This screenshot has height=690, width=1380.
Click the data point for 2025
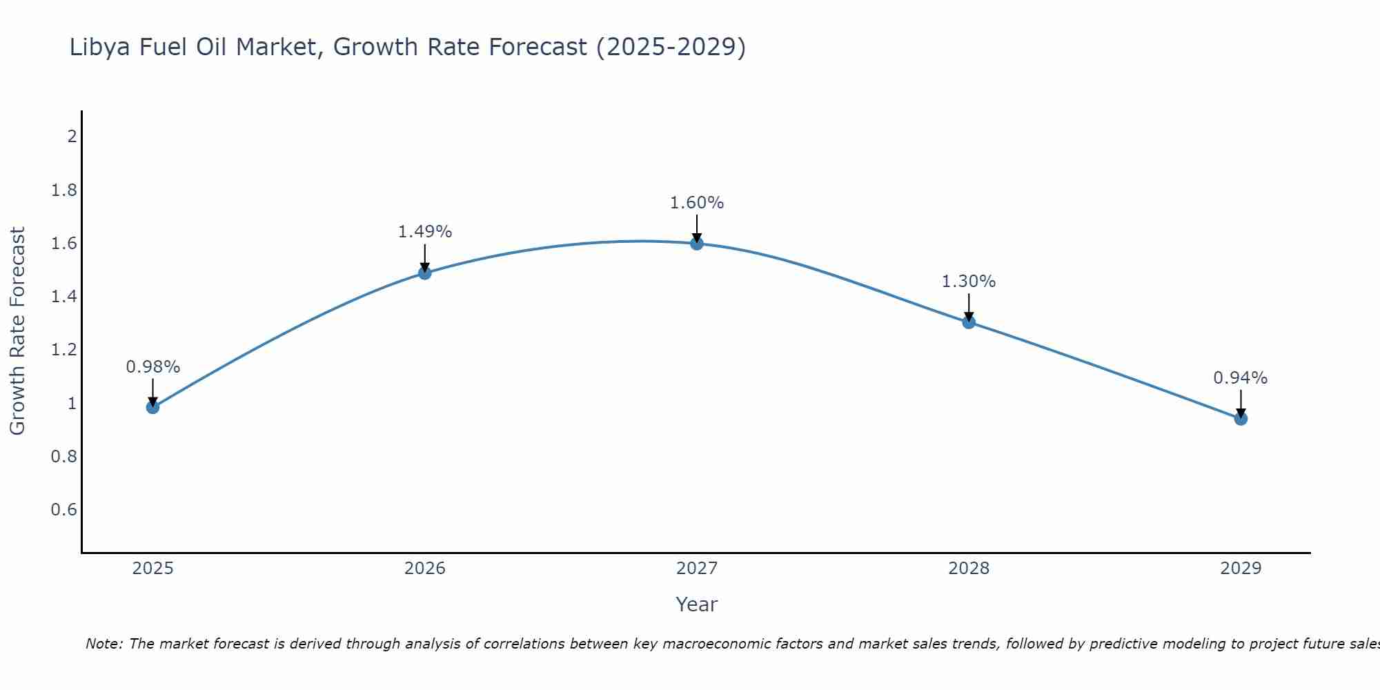pyautogui.click(x=152, y=407)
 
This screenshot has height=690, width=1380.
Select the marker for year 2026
pyautogui.click(x=424, y=273)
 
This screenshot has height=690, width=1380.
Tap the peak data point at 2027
pyautogui.click(x=696, y=243)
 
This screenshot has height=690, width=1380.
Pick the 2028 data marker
pyautogui.click(x=968, y=322)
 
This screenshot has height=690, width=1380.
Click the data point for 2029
pyautogui.click(x=1240, y=418)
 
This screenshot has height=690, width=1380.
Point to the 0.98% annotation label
pyautogui.click(x=152, y=367)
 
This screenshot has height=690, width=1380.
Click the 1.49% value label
pyautogui.click(x=424, y=232)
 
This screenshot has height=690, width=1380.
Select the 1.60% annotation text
pyautogui.click(x=696, y=203)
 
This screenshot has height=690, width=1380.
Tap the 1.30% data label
pyautogui.click(x=968, y=282)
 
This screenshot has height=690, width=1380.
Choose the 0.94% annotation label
pyautogui.click(x=1240, y=378)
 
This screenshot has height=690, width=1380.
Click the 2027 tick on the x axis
pyautogui.click(x=696, y=569)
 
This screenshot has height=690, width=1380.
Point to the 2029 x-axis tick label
pyautogui.click(x=1240, y=569)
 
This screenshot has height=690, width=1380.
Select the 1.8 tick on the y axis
pyautogui.click(x=63, y=190)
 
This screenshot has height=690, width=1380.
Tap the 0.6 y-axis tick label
pyautogui.click(x=63, y=510)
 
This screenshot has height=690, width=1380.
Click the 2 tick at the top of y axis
pyautogui.click(x=72, y=136)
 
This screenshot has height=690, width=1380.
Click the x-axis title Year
pyautogui.click(x=696, y=604)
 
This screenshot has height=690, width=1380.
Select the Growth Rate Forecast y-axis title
pyautogui.click(x=17, y=331)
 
